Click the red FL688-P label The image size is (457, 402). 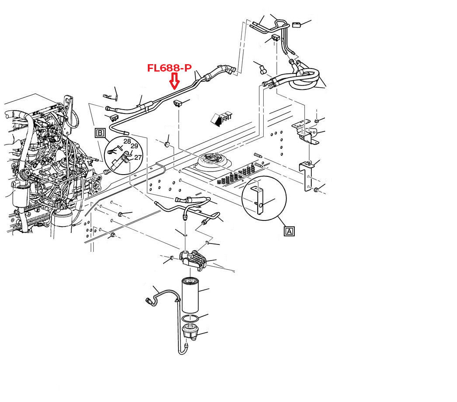169,68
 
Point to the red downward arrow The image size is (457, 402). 174,81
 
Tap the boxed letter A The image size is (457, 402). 289,231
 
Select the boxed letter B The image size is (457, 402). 100,133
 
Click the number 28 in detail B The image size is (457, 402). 127,141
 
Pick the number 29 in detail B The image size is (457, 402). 134,146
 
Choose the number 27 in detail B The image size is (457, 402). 138,158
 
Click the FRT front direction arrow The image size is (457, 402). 221,118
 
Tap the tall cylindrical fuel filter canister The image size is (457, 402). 190,295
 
